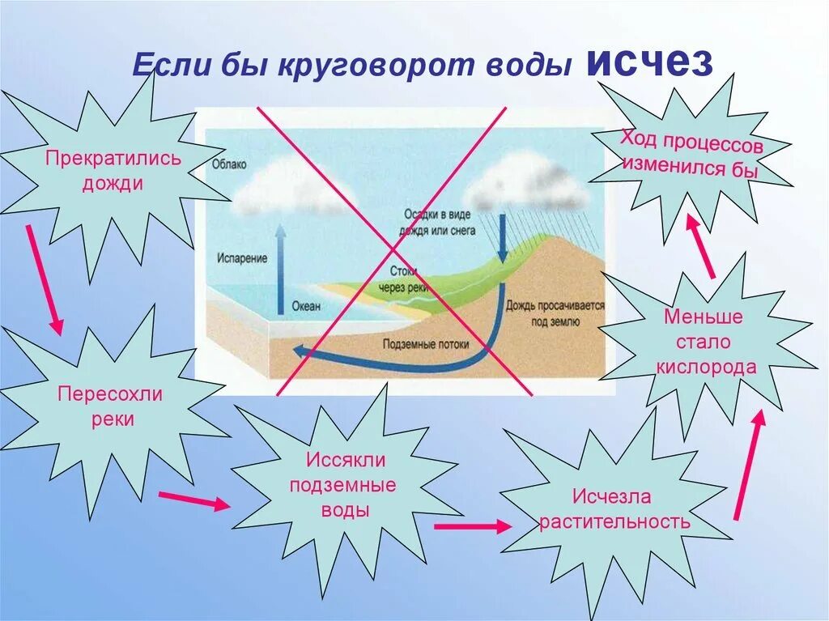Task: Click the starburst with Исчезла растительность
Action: pos(614,508)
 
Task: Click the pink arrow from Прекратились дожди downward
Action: pos(44,279)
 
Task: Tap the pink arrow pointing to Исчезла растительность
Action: pos(472,526)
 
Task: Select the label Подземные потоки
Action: pos(427,343)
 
